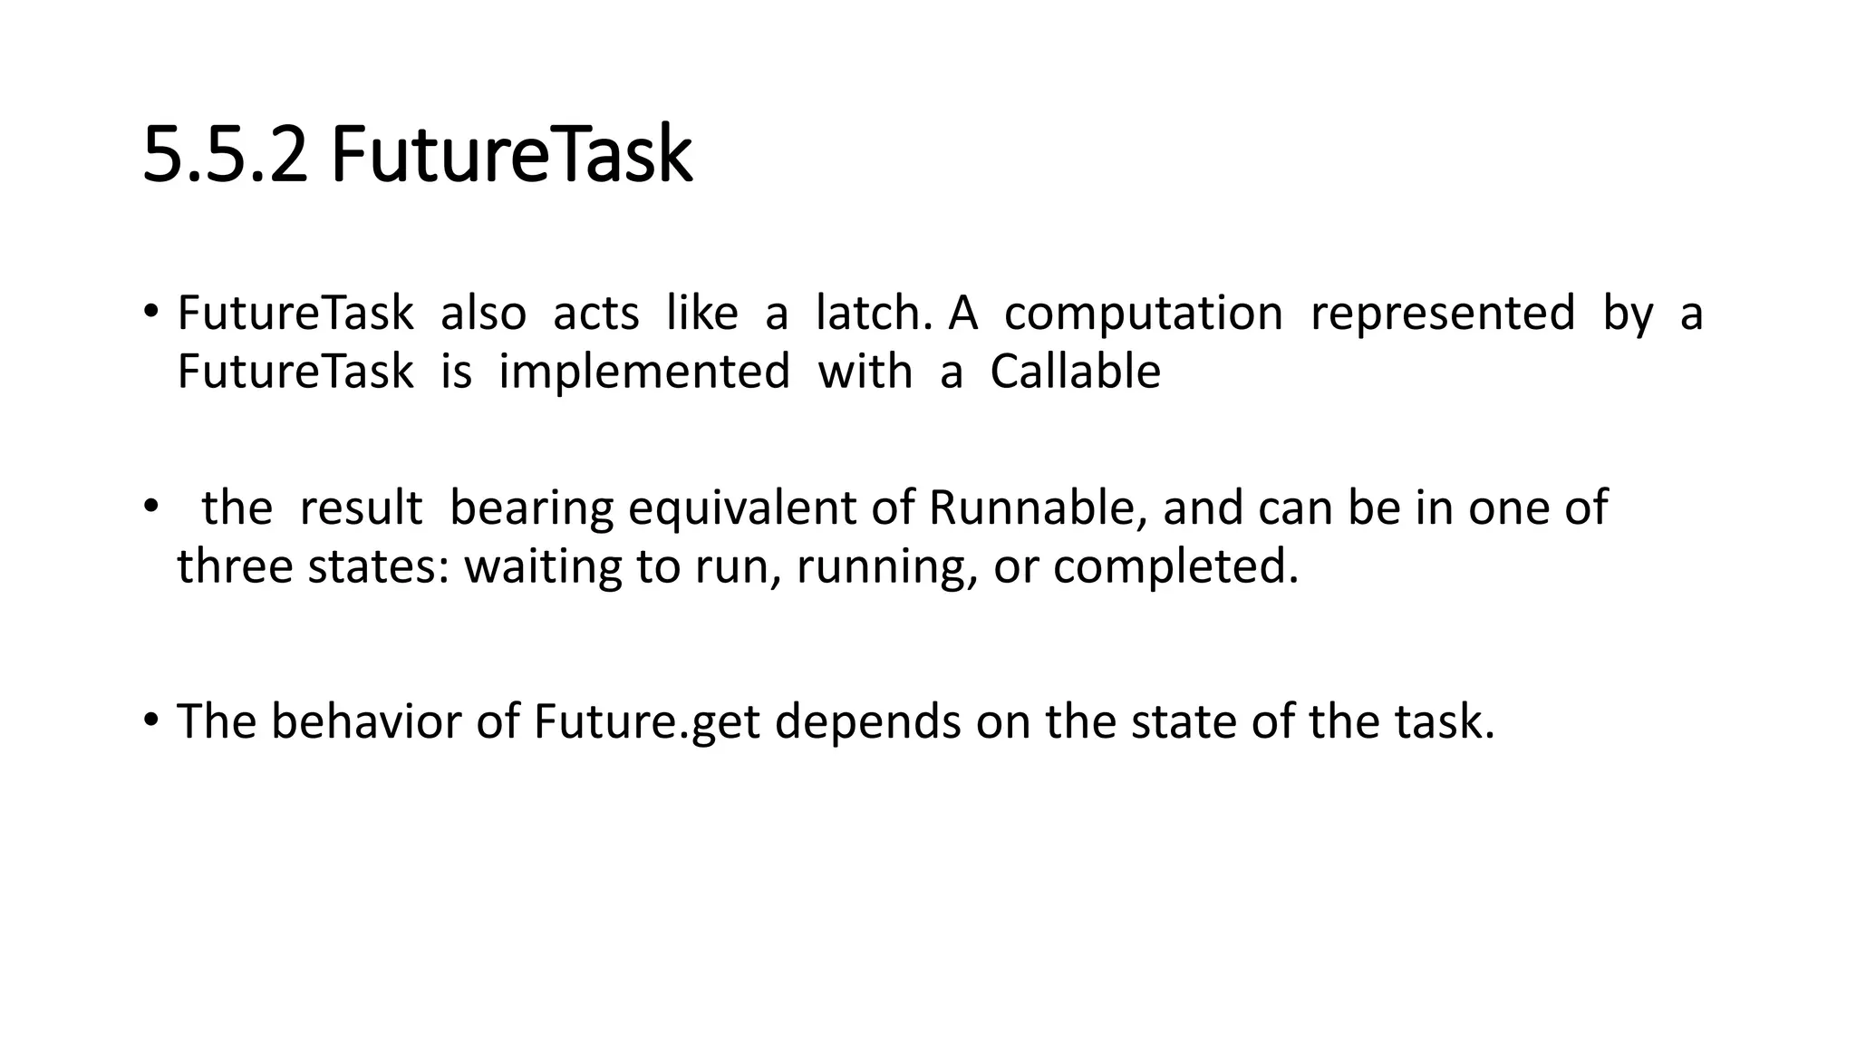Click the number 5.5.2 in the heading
225,155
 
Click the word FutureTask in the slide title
511,155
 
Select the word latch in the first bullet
874,313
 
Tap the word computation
1144,314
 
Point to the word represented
1443,314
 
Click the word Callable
1075,372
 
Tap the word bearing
532,508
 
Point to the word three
235,566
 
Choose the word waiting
542,567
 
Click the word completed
1175,567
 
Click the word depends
867,722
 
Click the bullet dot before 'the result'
150,507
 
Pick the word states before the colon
378,566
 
